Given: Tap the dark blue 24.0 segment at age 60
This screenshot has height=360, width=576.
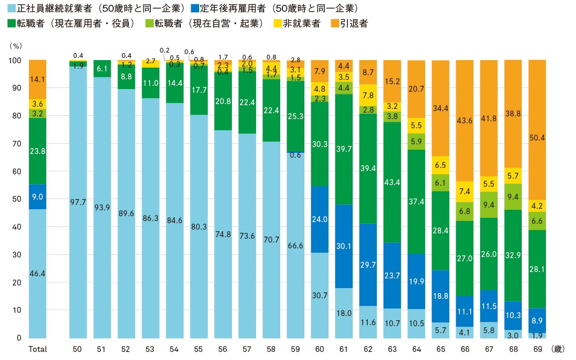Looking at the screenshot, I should coord(319,219).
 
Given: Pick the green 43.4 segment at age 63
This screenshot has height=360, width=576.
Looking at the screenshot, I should coord(391,182).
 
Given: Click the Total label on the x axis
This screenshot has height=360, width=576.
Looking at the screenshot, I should coord(38,349).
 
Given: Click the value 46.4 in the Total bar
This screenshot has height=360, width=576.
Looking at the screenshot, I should coord(37,274).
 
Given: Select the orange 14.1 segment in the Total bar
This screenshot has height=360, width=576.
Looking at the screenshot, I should coord(37,79).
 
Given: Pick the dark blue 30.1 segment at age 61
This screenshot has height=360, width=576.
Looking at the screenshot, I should coord(343,246).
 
